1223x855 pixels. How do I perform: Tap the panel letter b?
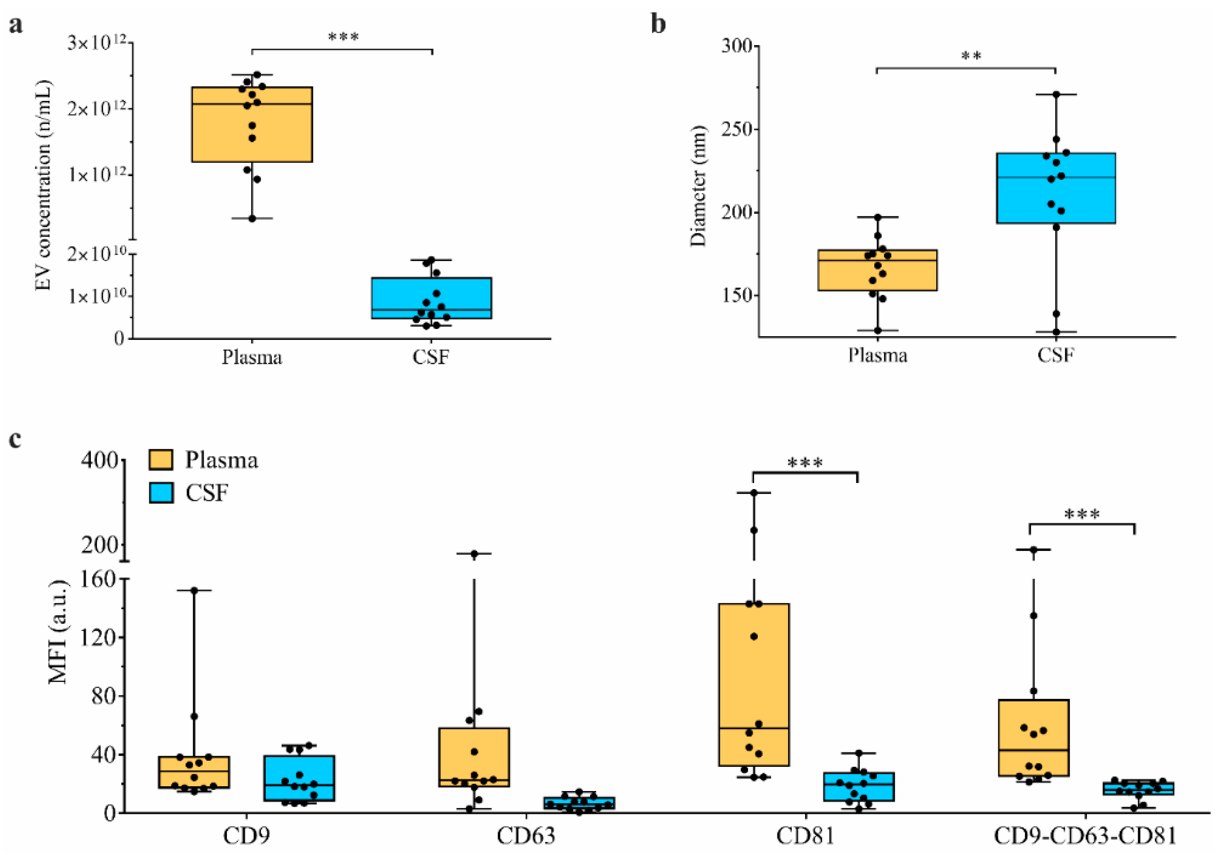click(658, 24)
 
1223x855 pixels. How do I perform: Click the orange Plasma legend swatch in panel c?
click(161, 460)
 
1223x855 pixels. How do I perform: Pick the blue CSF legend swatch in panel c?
click(161, 493)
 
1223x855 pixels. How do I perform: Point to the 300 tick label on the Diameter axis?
click(737, 46)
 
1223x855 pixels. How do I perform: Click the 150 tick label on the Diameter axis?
click(737, 296)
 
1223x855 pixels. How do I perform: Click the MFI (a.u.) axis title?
click(59, 631)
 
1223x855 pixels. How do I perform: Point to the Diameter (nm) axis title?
click(698, 187)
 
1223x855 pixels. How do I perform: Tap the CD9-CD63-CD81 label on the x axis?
click(1085, 836)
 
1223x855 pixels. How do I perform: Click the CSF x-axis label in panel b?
click(1056, 355)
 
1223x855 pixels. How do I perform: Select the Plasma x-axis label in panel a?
click(252, 357)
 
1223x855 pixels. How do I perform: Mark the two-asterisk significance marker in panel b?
click(971, 56)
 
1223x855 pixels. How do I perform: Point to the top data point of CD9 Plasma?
click(194, 591)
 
